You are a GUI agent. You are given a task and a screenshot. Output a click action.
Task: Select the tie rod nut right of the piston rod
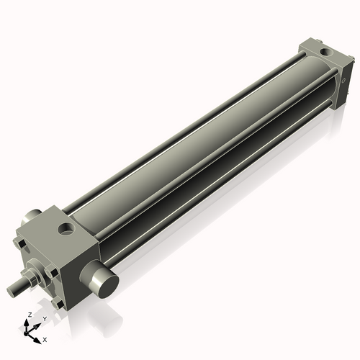pos(53,271)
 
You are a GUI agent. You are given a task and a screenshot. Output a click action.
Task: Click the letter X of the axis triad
pos(45,338)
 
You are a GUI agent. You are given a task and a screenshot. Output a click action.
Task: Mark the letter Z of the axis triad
pos(27,315)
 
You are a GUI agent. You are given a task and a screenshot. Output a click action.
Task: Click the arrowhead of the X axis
pos(39,336)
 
